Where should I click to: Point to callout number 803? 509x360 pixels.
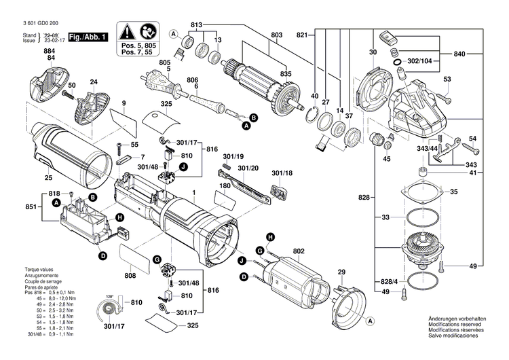(257, 35)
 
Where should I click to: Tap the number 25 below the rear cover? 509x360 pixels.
(48, 178)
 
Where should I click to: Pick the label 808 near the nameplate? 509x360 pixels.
(130, 276)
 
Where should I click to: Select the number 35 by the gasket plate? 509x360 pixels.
(472, 192)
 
